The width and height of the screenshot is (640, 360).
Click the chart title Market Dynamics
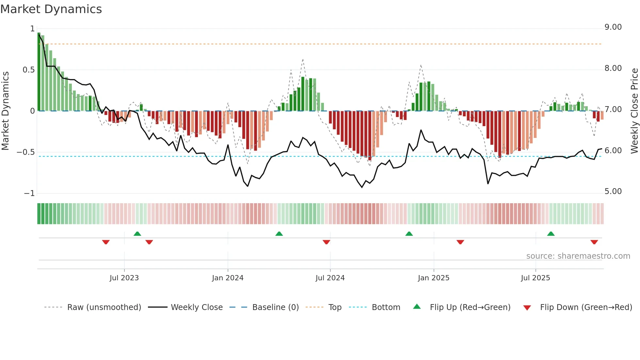tap(51, 9)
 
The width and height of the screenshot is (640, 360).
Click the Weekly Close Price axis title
tap(634, 110)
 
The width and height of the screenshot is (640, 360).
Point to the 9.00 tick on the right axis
tap(613, 27)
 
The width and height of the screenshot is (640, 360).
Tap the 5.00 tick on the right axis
tap(613, 191)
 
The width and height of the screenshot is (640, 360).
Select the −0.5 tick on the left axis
tap(25, 152)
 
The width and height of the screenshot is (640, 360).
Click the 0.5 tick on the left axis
tap(28, 70)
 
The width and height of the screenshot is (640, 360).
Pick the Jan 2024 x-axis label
tap(228, 278)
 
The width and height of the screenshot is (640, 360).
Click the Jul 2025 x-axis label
tap(535, 278)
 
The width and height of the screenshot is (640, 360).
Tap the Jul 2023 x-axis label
tap(124, 278)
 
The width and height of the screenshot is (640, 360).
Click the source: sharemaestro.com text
tap(578, 256)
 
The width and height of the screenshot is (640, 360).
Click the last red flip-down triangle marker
tap(594, 242)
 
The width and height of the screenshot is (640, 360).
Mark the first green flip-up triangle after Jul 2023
tap(137, 234)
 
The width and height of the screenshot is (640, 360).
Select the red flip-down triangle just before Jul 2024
tap(326, 242)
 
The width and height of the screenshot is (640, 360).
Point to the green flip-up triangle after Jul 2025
tap(551, 234)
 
